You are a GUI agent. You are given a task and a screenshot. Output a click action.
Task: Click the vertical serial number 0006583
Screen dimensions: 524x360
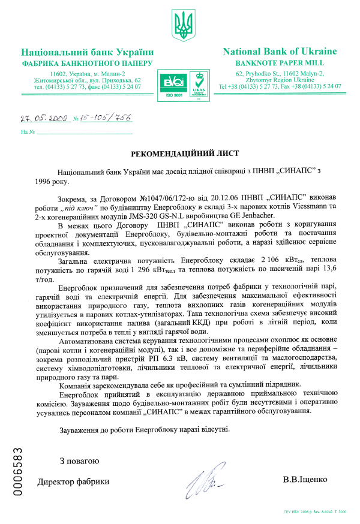tap(18, 471)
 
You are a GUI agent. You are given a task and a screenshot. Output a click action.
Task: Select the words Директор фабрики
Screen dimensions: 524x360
tap(74, 481)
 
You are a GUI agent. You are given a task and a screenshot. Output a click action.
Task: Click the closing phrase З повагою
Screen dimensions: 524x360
tap(79, 461)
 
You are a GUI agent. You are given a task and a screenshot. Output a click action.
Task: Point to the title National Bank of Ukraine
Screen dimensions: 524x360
tap(280, 52)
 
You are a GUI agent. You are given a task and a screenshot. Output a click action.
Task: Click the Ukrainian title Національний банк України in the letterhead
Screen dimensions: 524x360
tap(88, 52)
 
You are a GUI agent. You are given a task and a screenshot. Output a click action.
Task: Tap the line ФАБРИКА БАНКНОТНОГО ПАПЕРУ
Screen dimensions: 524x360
tap(88, 63)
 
